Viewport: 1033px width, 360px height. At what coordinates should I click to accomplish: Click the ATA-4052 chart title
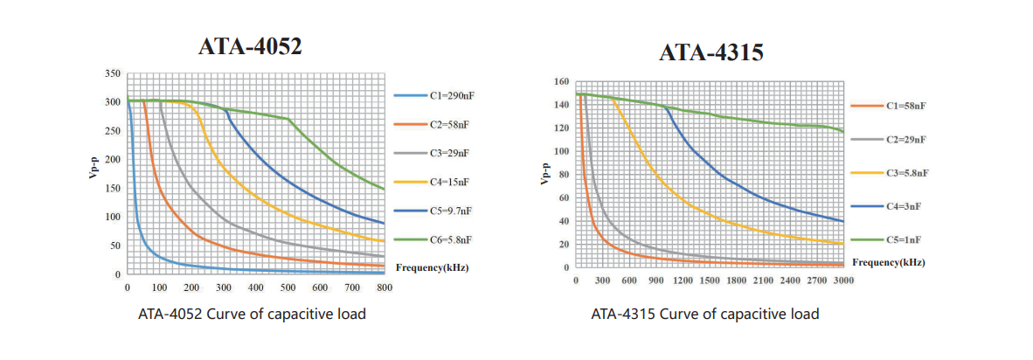click(x=251, y=46)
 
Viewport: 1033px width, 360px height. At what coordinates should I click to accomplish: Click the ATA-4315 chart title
click(x=711, y=52)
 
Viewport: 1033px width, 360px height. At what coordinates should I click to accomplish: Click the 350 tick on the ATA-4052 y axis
click(x=113, y=73)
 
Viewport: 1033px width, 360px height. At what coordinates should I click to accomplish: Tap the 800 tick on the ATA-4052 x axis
click(x=385, y=287)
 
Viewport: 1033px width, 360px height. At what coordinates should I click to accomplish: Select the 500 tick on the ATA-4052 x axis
click(x=288, y=287)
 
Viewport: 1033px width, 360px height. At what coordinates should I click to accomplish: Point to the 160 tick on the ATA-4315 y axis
click(x=562, y=81)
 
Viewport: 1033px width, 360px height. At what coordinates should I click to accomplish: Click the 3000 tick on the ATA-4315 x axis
click(x=843, y=280)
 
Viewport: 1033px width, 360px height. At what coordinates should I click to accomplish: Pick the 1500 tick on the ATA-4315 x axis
click(x=710, y=280)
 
